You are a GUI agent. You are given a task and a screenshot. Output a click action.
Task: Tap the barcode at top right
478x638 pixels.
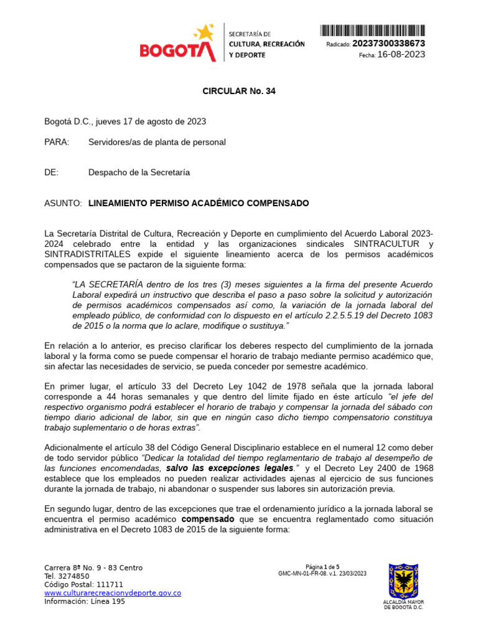coord(373,30)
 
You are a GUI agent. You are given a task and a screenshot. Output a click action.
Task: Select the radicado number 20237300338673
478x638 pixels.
coord(388,44)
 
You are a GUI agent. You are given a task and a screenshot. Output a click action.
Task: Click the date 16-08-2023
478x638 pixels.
coord(401,55)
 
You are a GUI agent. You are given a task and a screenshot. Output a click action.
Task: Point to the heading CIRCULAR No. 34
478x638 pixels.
coord(239,91)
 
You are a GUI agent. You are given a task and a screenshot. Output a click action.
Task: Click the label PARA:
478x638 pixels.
coord(57,142)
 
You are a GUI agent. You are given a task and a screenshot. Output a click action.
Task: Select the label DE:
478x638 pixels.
coord(51,172)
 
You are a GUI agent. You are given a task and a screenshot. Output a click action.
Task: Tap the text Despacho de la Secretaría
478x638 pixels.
coord(139,172)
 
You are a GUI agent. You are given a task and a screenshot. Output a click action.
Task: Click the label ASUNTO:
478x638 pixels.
coord(63,203)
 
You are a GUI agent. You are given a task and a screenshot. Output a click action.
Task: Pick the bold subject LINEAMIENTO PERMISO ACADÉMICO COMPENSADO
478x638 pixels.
coord(199,203)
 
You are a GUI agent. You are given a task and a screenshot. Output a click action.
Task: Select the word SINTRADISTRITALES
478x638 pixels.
coord(88,254)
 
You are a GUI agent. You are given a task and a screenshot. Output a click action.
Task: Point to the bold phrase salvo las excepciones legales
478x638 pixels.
coord(230,468)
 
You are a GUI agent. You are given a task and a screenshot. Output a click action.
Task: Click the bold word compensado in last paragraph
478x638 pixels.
coord(208,519)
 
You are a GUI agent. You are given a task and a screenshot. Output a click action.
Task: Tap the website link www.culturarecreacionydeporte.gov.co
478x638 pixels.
coord(113,593)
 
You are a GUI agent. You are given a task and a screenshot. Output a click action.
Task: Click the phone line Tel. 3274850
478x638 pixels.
coord(67,576)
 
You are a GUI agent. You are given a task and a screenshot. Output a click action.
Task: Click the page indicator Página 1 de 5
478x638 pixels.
coord(322,567)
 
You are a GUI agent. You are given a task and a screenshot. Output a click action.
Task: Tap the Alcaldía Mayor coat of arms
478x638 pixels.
coord(403,581)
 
